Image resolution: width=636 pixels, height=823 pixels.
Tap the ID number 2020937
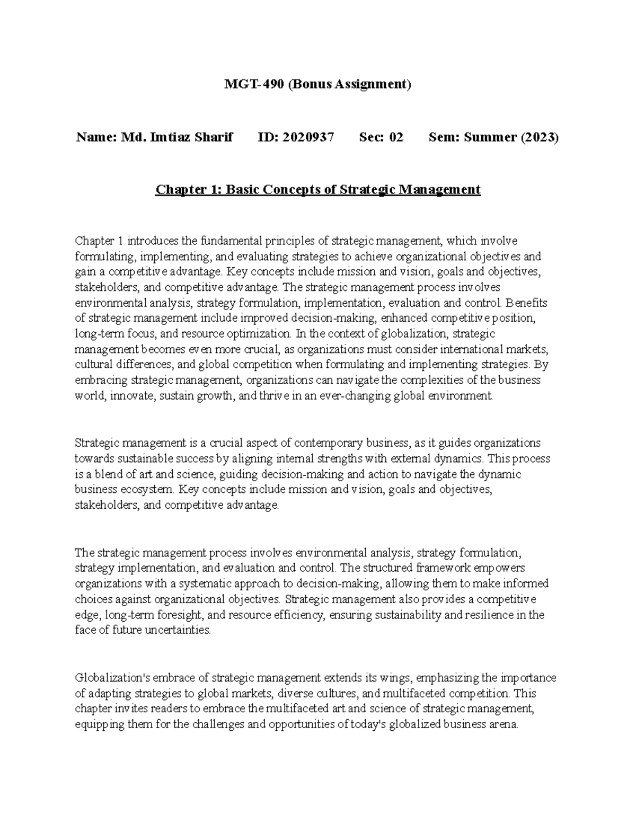pos(308,137)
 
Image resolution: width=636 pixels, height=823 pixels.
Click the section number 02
pos(396,137)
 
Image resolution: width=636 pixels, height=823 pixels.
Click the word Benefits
pos(527,303)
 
